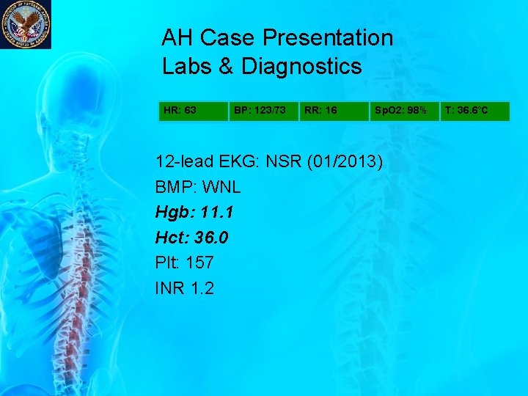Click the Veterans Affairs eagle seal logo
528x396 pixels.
click(26, 24)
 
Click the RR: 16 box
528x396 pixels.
click(334, 111)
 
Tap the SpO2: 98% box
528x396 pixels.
click(403, 111)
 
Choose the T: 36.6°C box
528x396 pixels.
click(474, 111)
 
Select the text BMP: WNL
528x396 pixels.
click(198, 188)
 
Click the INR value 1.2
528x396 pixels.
click(201, 288)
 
